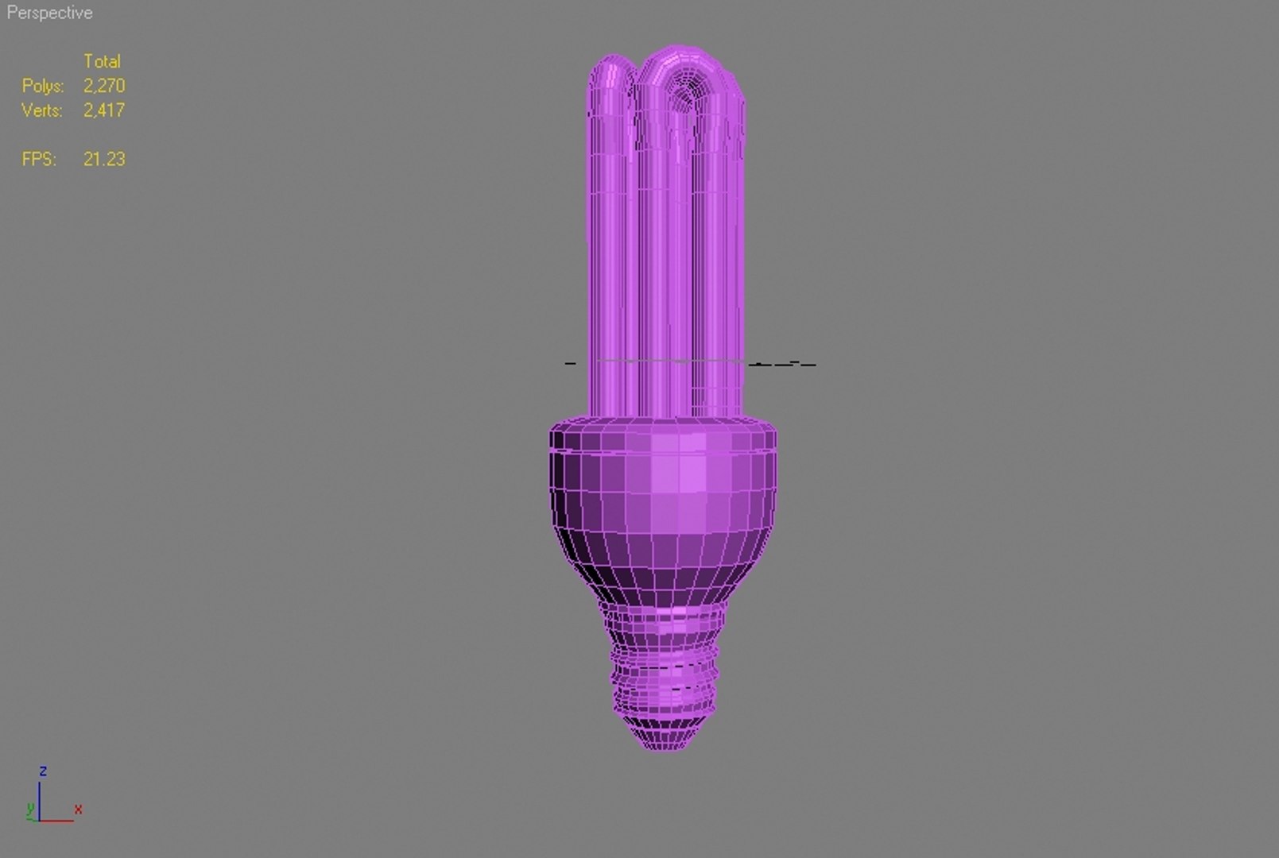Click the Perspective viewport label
[49, 13]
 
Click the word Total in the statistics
[102, 61]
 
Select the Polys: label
[42, 86]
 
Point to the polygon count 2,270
[104, 86]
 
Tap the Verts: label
[41, 110]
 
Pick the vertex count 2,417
[104, 110]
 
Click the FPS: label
[39, 159]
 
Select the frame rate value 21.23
[104, 159]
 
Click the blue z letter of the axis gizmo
[43, 771]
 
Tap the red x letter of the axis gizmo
[78, 810]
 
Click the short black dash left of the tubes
[570, 363]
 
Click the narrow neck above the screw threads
[663, 616]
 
